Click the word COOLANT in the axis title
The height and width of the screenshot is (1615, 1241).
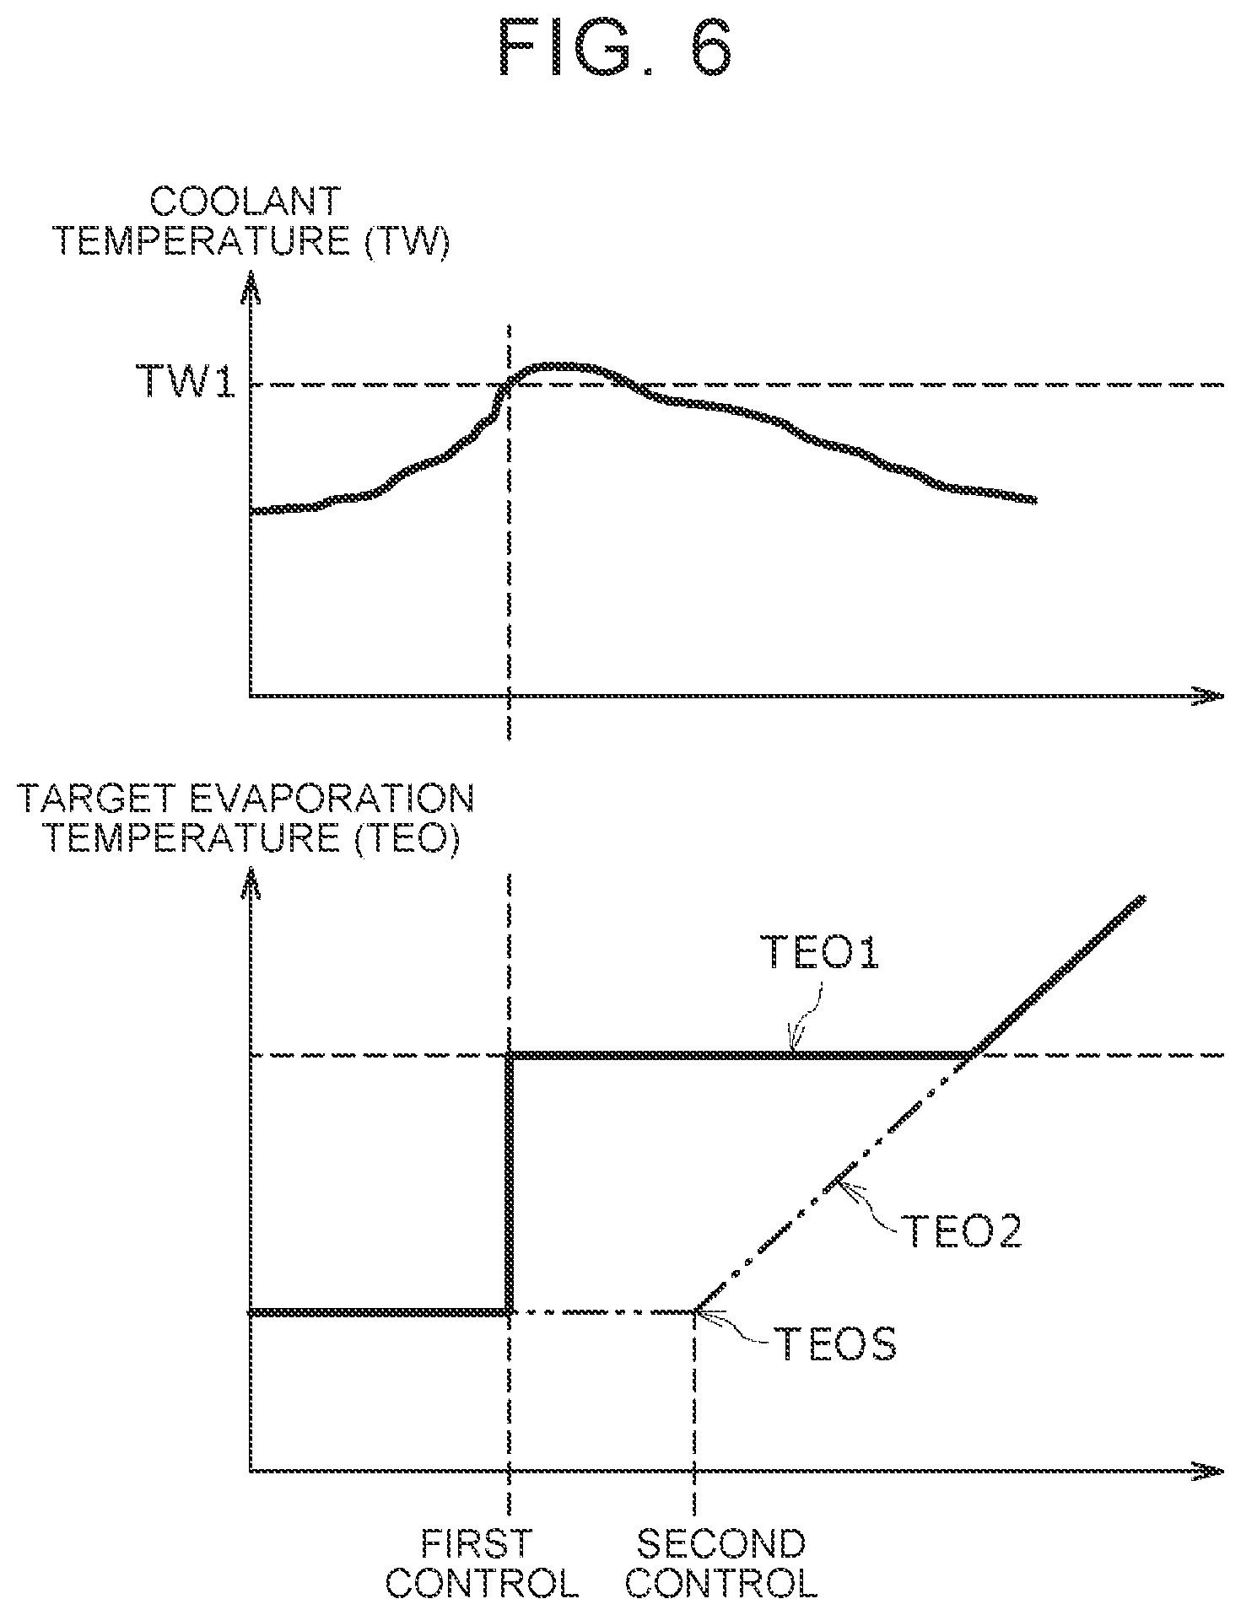(245, 203)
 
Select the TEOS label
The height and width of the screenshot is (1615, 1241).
(835, 1344)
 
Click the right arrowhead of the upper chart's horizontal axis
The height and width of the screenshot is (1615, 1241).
(1208, 696)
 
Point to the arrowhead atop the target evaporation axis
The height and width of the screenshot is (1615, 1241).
(251, 886)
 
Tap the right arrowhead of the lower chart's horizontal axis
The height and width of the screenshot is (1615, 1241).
(1208, 1471)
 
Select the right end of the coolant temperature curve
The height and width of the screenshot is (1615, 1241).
(1033, 500)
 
